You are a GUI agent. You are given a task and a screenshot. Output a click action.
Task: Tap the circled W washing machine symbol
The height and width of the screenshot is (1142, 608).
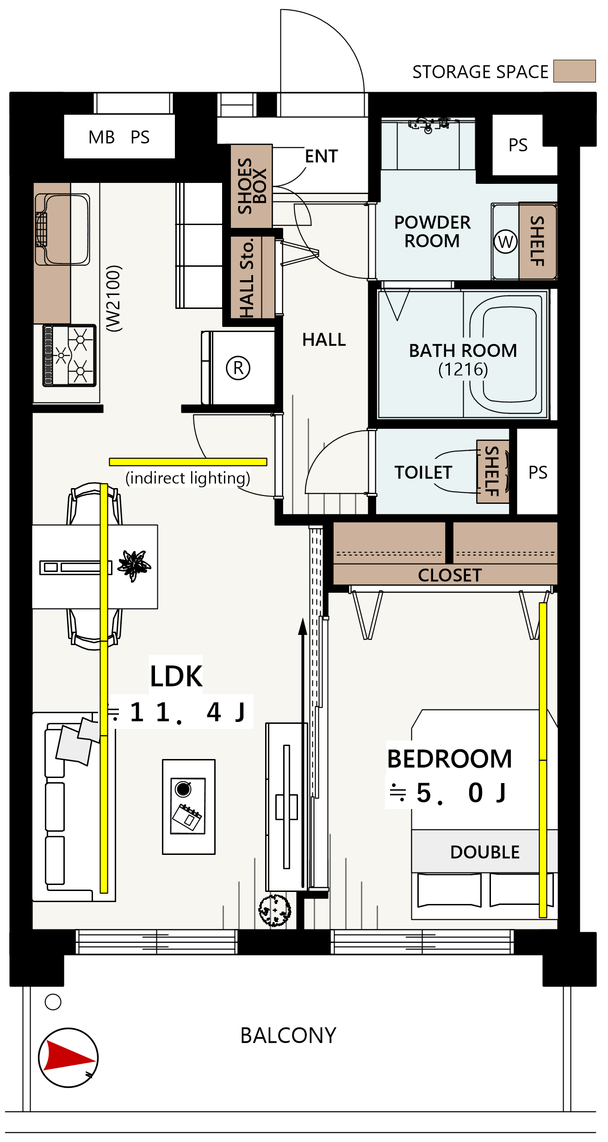(x=505, y=241)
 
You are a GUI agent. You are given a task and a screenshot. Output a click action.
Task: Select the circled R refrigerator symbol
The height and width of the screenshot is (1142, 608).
(x=238, y=368)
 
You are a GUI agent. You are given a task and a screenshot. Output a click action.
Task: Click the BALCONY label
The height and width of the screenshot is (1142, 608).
(x=288, y=1035)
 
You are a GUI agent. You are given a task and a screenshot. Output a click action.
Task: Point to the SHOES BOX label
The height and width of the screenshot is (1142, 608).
(x=252, y=186)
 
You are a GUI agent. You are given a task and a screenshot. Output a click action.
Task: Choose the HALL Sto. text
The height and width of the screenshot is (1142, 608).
(x=247, y=277)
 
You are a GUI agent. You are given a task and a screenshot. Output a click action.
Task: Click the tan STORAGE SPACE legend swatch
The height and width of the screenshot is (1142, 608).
(x=575, y=71)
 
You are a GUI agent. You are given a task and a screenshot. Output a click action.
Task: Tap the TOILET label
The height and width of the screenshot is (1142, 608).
(x=423, y=472)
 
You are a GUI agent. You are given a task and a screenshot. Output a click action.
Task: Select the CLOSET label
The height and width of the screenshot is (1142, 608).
(x=450, y=575)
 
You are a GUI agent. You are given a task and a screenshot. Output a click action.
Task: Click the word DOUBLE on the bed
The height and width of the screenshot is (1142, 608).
(x=485, y=852)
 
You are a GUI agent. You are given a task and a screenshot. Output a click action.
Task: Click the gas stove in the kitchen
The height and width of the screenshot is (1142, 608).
(x=69, y=356)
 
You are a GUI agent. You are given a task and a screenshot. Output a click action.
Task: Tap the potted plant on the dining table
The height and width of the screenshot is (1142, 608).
(x=134, y=565)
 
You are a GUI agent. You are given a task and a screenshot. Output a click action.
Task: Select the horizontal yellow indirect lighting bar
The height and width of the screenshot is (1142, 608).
(x=188, y=462)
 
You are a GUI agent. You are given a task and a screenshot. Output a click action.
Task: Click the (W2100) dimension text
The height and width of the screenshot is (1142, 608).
(x=114, y=298)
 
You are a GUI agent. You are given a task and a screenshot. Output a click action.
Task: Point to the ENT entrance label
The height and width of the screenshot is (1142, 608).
(x=322, y=157)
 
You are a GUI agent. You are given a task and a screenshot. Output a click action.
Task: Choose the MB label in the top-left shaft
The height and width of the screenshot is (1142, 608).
(x=101, y=137)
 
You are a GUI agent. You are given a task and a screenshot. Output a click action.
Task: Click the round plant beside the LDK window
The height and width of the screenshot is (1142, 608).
(x=275, y=910)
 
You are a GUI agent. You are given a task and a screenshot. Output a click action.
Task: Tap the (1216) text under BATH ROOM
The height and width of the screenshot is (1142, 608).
(x=463, y=370)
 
